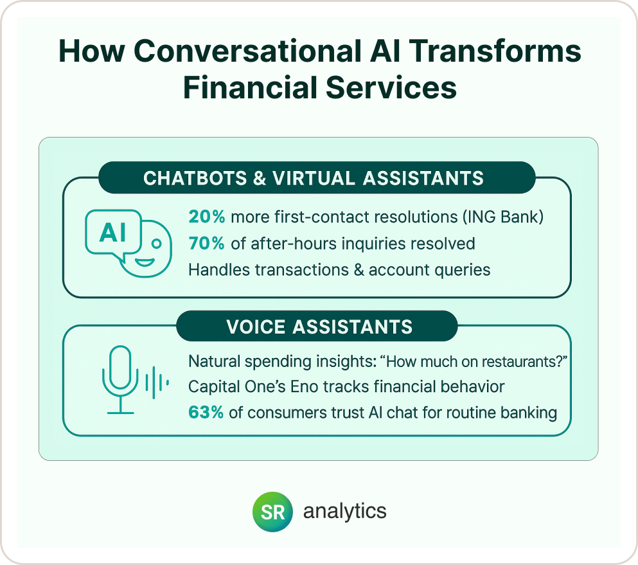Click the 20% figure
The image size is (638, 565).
click(x=207, y=217)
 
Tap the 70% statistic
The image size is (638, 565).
click(x=207, y=244)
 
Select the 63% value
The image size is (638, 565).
click(x=206, y=413)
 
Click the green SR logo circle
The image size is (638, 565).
click(x=272, y=512)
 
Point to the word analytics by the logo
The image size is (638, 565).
click(x=344, y=512)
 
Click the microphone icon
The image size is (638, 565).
click(x=120, y=380)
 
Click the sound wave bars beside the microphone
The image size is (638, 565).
click(x=157, y=382)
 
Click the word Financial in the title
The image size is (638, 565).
click(x=250, y=87)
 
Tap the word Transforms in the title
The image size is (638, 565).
click(x=495, y=51)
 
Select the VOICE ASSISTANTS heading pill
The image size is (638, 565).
click(x=317, y=327)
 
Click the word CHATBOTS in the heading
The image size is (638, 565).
click(x=195, y=178)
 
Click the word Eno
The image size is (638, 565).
click(x=304, y=387)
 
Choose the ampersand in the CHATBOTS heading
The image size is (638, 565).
click(x=260, y=178)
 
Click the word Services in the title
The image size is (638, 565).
click(x=391, y=87)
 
